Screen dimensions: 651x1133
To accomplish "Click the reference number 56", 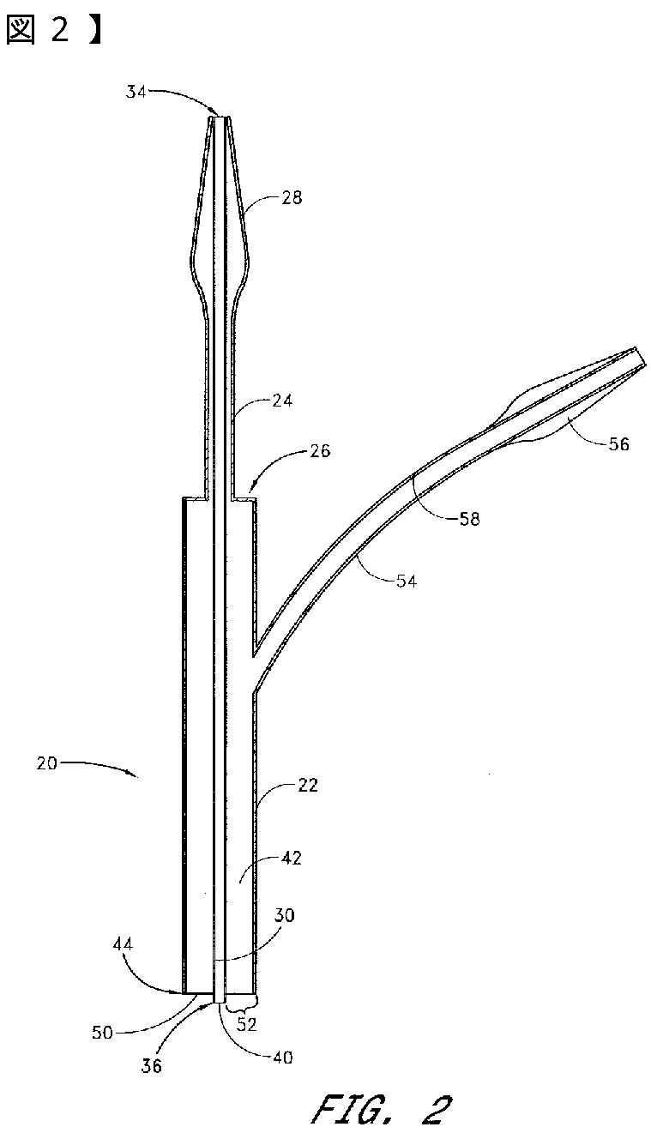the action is point(612,444).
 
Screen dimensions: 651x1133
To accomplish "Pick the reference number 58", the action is point(468,518).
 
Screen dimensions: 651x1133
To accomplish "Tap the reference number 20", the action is point(48,762).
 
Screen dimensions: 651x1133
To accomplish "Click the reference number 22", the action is point(308,785).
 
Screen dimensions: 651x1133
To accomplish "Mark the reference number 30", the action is point(285,915).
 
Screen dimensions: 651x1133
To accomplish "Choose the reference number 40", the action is point(282,1058).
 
